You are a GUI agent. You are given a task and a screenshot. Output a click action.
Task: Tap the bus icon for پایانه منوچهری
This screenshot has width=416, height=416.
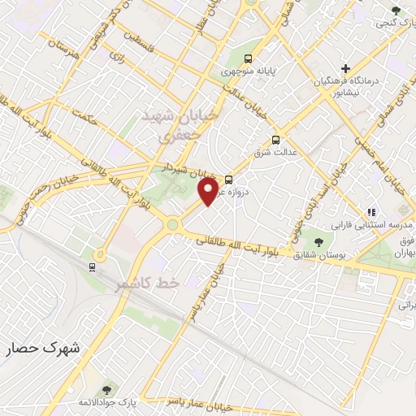click(248, 58)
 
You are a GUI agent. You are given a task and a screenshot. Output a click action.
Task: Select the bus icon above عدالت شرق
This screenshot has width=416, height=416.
click(275, 139)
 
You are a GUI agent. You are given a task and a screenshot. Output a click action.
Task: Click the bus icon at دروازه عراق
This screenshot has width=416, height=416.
click(228, 179)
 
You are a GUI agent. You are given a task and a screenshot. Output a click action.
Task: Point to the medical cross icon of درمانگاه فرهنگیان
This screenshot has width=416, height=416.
click(346, 67)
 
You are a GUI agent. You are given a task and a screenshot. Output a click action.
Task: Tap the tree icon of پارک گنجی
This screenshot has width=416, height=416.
click(396, 11)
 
